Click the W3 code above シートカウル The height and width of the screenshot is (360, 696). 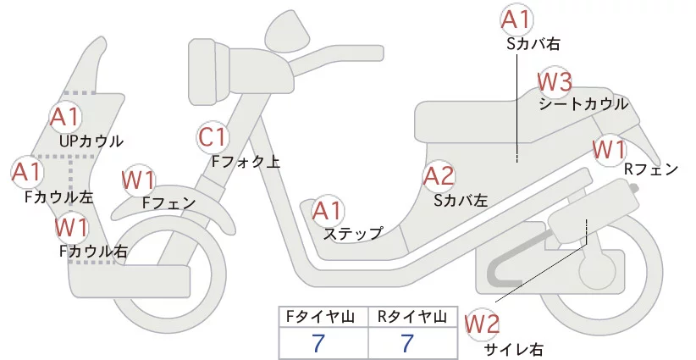tap(555, 83)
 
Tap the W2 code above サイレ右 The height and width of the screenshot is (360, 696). tap(483, 323)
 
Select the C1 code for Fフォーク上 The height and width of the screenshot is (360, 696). tap(213, 136)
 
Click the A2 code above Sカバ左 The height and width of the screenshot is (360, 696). tap(439, 176)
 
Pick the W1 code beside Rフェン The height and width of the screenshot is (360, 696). tap(609, 149)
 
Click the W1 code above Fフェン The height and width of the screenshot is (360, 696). tap(138, 180)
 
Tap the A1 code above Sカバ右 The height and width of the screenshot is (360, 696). tap(516, 19)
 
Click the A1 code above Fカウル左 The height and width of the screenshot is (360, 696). tap(27, 172)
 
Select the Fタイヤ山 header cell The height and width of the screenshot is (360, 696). tap(322, 317)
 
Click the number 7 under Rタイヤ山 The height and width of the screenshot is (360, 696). tap(407, 344)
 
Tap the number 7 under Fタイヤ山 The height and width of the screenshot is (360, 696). tap(318, 344)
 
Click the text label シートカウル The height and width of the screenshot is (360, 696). tap(583, 104)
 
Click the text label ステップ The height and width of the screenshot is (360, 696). tap(353, 232)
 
